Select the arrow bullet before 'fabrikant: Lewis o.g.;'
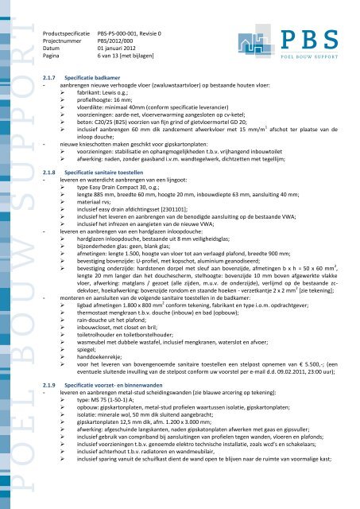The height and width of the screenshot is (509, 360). [69, 91]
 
